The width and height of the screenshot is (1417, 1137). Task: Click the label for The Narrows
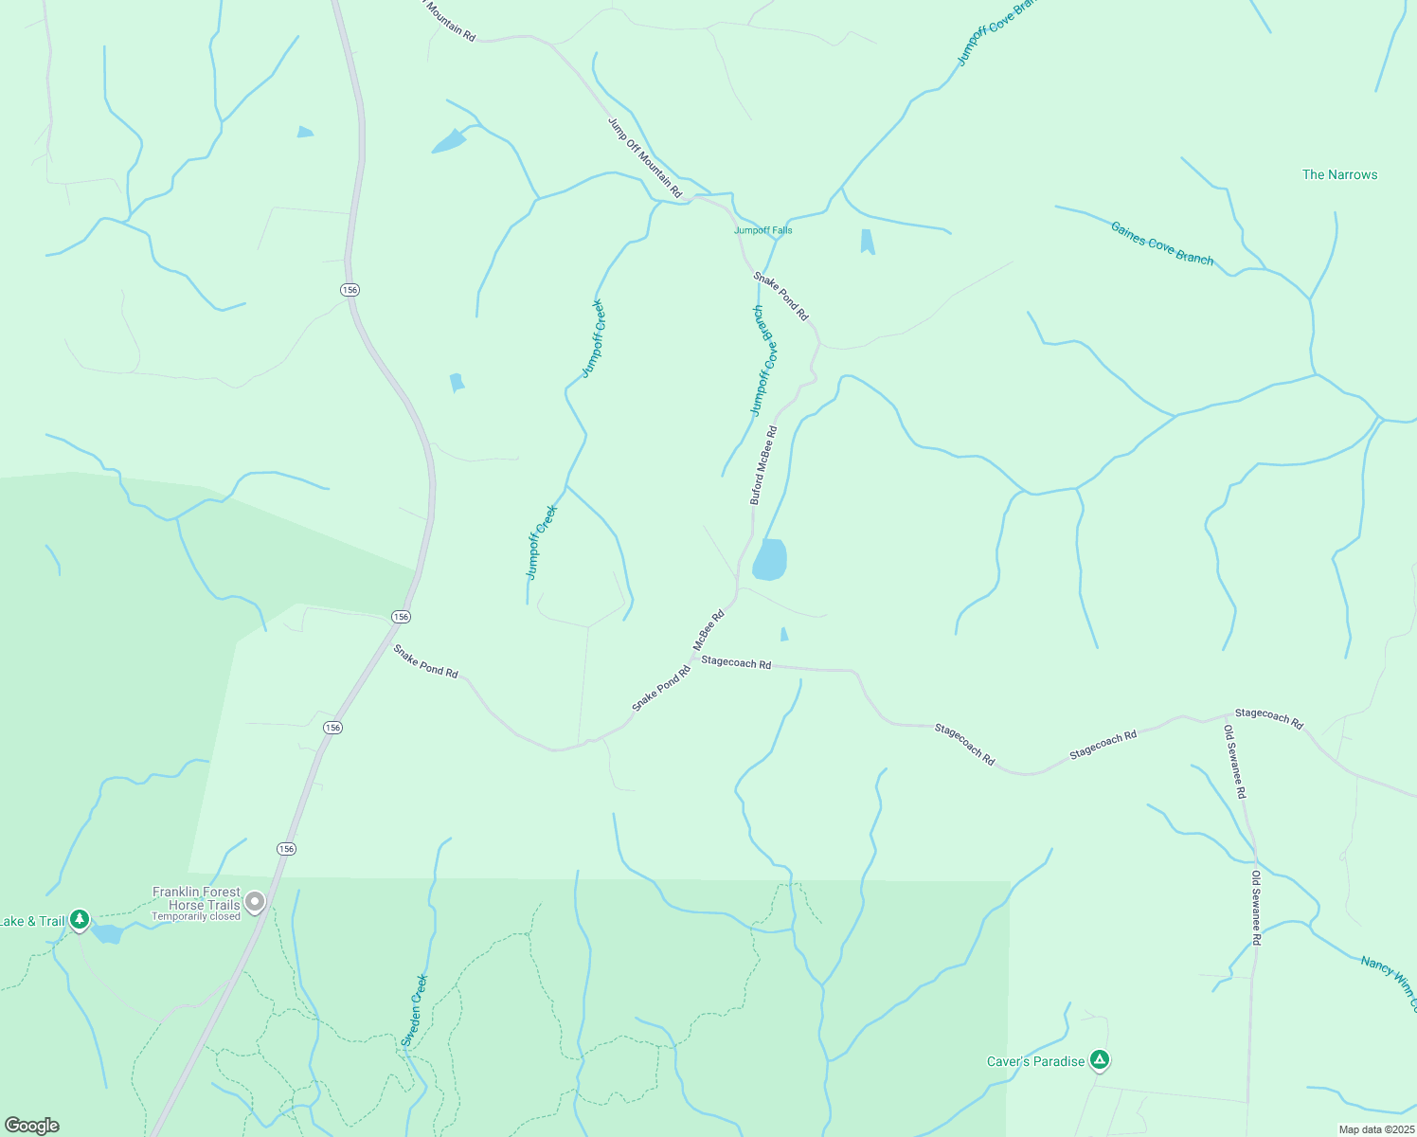click(1339, 174)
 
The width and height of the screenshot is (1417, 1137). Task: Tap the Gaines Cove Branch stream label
click(1161, 244)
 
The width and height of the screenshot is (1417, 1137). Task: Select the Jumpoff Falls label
click(762, 230)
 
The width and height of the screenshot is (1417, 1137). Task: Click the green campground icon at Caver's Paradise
click(1099, 1059)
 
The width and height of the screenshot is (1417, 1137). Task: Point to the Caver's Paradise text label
click(1035, 1061)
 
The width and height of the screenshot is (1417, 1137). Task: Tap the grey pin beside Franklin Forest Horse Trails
click(255, 902)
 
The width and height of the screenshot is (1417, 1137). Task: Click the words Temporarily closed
click(196, 916)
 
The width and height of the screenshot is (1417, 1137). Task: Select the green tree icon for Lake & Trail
click(80, 919)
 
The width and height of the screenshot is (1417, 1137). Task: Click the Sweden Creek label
click(414, 1010)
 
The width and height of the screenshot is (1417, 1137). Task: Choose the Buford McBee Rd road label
click(763, 464)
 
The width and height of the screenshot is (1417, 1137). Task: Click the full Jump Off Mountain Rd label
click(644, 157)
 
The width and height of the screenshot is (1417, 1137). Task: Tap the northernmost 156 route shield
click(350, 289)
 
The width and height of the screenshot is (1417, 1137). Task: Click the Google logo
click(31, 1126)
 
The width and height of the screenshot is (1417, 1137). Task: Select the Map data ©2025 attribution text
click(1374, 1129)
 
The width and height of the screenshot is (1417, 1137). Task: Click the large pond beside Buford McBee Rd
click(769, 559)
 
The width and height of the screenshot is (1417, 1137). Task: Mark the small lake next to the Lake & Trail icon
click(108, 934)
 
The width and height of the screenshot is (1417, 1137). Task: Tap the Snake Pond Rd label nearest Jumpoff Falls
click(781, 296)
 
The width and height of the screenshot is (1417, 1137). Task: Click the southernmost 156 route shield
click(286, 848)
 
